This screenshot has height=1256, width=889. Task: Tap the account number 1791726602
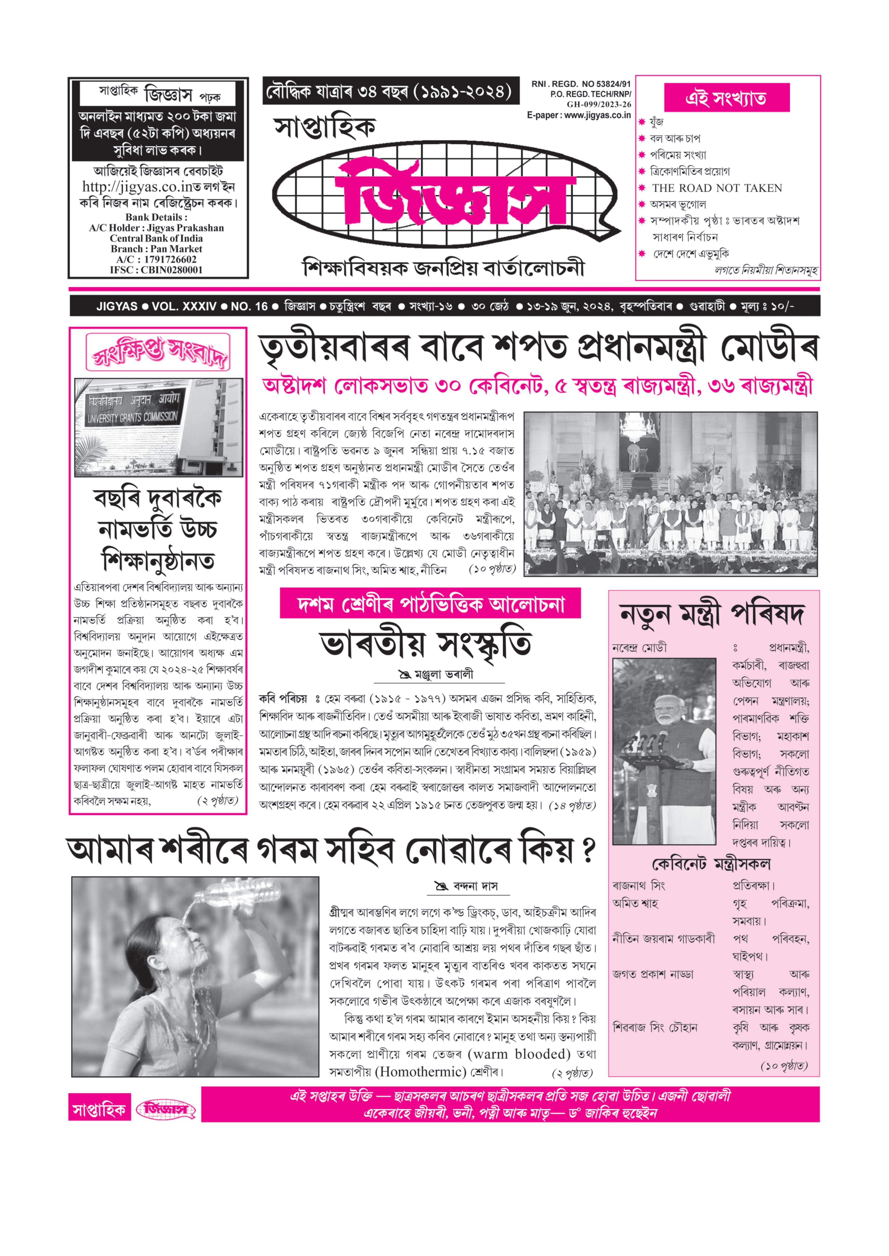point(170,259)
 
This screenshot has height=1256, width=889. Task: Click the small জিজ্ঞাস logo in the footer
point(166,1109)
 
